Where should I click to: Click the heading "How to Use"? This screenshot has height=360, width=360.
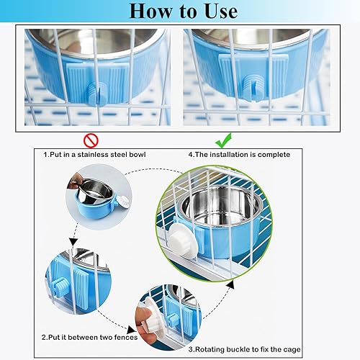pos(181,12)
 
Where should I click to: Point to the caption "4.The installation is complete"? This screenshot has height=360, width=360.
pos(239,154)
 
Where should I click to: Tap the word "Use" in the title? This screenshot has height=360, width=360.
pos(215,12)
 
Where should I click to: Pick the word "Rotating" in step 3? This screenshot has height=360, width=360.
pos(212,349)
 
